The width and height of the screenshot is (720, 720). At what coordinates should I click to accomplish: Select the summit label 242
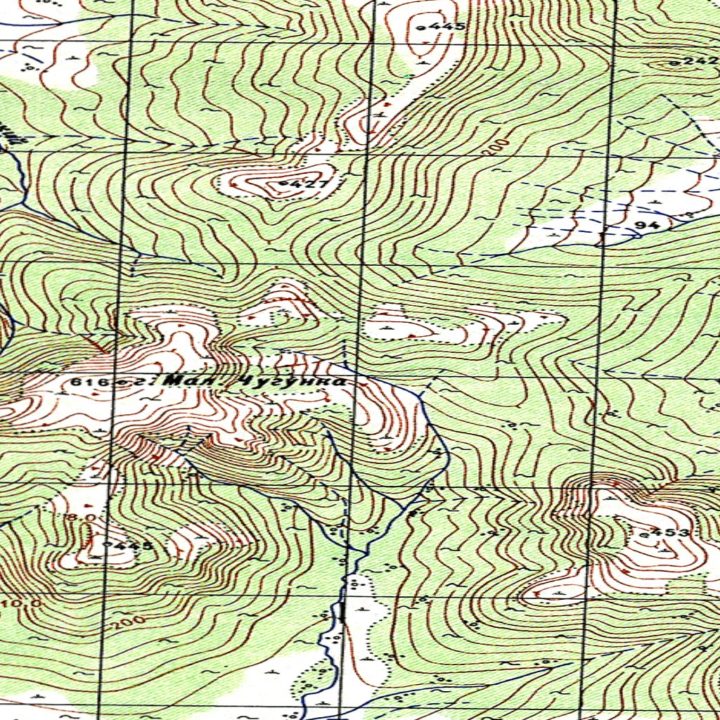(699, 62)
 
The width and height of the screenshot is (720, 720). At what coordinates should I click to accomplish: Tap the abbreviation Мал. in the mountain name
(189, 380)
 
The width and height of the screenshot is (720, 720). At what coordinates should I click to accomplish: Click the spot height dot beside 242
(674, 63)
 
